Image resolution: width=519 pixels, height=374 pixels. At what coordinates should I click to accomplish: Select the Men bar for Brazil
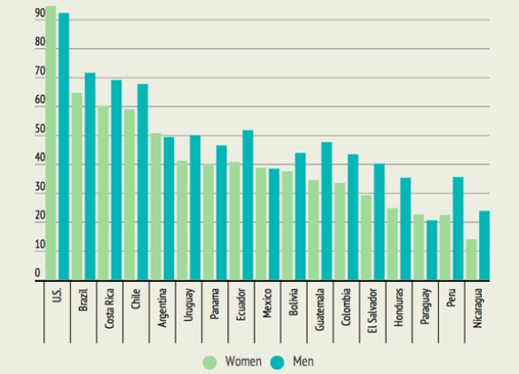90,177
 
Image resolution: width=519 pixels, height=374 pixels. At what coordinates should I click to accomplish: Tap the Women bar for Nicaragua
471,261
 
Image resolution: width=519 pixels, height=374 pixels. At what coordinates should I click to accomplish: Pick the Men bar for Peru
457,230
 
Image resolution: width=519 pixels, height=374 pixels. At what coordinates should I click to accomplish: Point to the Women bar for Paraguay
419,248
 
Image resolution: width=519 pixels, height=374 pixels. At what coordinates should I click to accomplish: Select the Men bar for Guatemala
326,212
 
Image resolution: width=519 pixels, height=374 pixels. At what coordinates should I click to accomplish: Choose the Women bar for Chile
130,195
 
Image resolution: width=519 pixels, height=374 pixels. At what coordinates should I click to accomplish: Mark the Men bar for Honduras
405,230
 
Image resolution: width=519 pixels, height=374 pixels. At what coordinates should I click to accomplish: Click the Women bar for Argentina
156,207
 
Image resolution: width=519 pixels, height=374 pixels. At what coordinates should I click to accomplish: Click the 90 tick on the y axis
40,14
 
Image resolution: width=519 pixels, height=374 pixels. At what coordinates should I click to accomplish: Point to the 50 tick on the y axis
40,130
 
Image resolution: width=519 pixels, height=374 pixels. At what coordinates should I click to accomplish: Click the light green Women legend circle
210,361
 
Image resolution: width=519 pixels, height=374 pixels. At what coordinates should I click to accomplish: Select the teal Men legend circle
274,361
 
